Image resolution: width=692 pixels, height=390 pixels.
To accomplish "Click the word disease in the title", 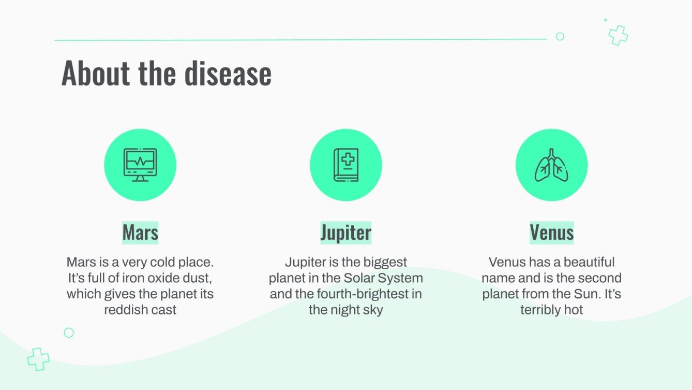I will click(228, 74).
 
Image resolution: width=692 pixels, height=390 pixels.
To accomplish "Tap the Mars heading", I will click(140, 233).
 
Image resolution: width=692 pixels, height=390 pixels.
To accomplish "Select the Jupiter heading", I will click(345, 233).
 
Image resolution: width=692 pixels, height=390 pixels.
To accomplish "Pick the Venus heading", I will click(551, 233).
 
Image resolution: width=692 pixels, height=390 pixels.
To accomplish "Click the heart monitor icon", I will click(140, 165).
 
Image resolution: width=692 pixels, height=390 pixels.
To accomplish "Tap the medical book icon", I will click(345, 165).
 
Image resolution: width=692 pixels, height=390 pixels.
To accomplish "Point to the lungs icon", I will click(551, 165).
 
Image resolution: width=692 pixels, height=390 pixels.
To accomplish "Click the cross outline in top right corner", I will click(618, 35).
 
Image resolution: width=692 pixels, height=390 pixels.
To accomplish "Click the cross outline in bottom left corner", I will click(38, 359).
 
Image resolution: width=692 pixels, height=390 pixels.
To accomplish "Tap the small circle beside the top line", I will click(560, 36).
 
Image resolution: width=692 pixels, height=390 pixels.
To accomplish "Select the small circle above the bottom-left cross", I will click(69, 333).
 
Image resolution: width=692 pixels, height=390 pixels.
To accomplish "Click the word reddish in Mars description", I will click(124, 310).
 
